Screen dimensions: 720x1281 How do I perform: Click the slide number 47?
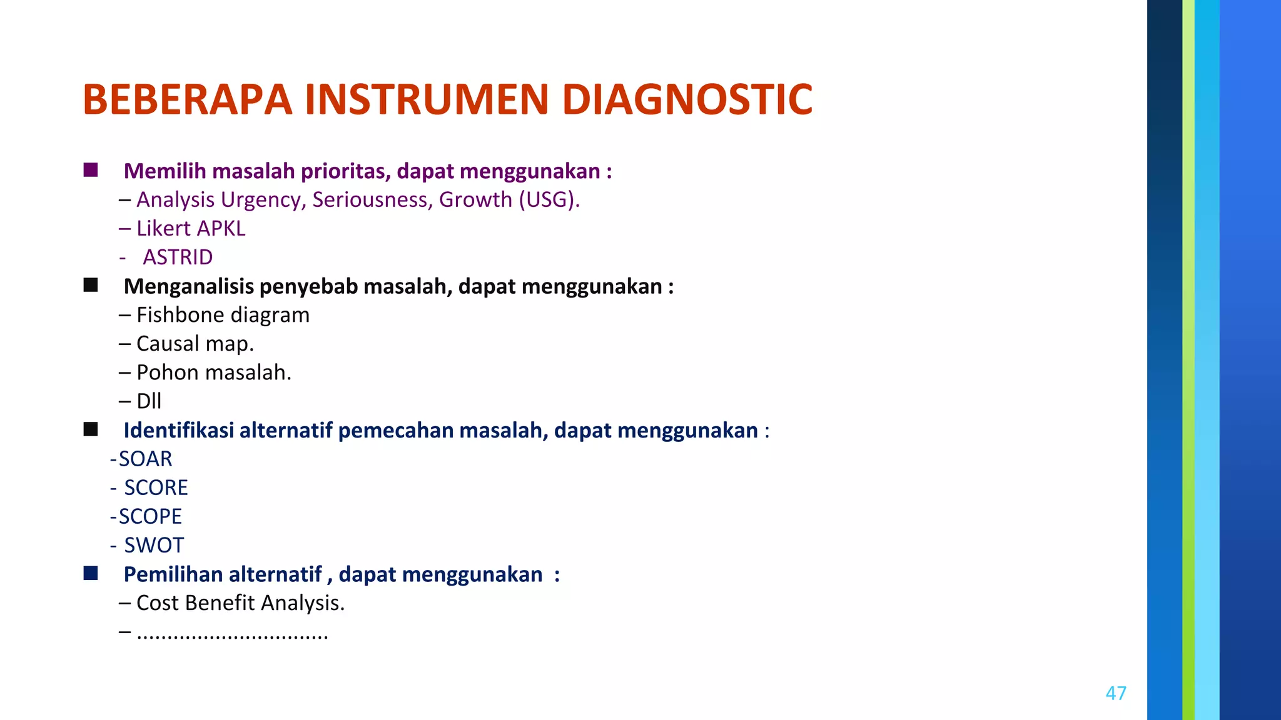coord(1116,693)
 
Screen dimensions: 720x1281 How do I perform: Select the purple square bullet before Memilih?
coord(91,170)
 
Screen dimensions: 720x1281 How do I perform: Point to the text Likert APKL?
coord(191,229)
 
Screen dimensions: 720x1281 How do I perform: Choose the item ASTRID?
coord(178,257)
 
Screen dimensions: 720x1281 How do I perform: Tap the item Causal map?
coord(195,344)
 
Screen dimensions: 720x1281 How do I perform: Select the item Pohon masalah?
coord(213,372)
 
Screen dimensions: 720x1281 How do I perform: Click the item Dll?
coord(149,401)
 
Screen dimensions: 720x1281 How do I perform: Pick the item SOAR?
coord(145,459)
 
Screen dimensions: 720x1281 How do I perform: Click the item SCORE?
coord(156,488)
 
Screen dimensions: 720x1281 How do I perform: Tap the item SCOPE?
coord(150,517)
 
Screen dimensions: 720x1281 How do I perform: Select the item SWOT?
coord(154,546)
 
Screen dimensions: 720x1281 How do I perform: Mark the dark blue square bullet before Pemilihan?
coord(91,573)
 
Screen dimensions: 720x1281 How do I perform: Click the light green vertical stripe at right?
coord(1188,360)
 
